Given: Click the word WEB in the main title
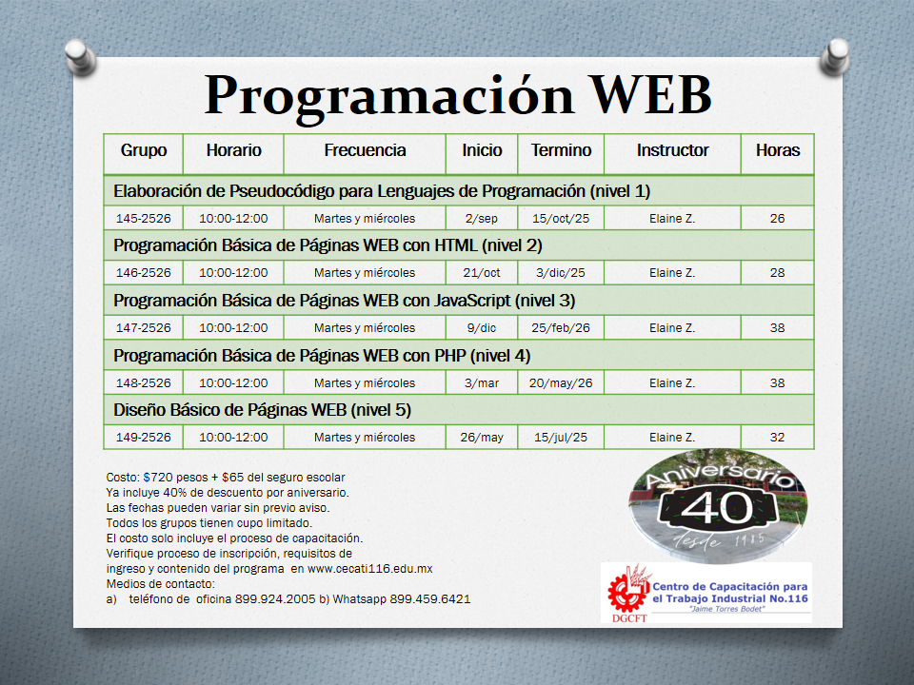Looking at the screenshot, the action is (651, 94).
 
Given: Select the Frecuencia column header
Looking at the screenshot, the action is (365, 150).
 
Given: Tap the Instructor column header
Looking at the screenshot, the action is (673, 150).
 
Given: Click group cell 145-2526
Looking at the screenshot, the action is (144, 219).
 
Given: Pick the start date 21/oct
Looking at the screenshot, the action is (482, 273).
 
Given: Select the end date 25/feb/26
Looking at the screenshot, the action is (561, 328).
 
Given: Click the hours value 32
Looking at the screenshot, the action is (777, 438).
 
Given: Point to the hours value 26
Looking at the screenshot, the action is (777, 219).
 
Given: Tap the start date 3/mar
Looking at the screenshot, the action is (482, 383).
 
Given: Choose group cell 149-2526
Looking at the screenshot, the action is (144, 438).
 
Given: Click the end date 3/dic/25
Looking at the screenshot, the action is (561, 273).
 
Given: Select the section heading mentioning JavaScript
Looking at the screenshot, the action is (345, 301).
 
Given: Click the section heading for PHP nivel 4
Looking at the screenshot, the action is (322, 356).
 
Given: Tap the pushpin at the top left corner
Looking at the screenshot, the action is (80, 56).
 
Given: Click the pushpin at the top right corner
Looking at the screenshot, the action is (835, 56).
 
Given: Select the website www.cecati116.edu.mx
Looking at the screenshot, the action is (370, 569).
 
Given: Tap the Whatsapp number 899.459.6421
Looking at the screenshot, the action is (430, 598).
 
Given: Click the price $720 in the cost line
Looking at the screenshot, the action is (158, 477).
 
